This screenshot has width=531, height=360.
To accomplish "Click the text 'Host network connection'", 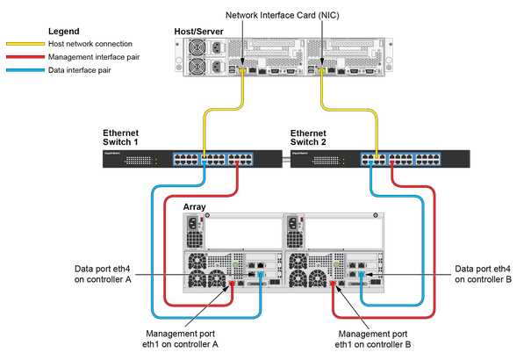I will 91,44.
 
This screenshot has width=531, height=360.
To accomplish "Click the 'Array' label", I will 194,208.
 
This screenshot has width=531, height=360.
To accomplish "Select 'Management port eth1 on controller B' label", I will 372,339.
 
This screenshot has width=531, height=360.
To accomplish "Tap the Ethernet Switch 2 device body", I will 377,160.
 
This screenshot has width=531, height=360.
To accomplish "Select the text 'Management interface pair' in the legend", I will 97,56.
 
